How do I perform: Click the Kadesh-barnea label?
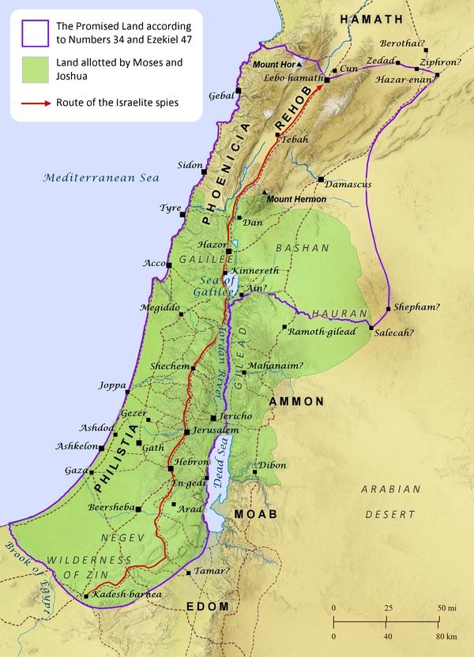tap(127, 594)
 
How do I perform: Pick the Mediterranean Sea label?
tap(101, 178)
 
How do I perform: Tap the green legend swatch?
tap(31, 69)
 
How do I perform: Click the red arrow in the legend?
tap(32, 103)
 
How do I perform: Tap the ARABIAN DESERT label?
tap(390, 501)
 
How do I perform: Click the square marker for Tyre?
tap(182, 214)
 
